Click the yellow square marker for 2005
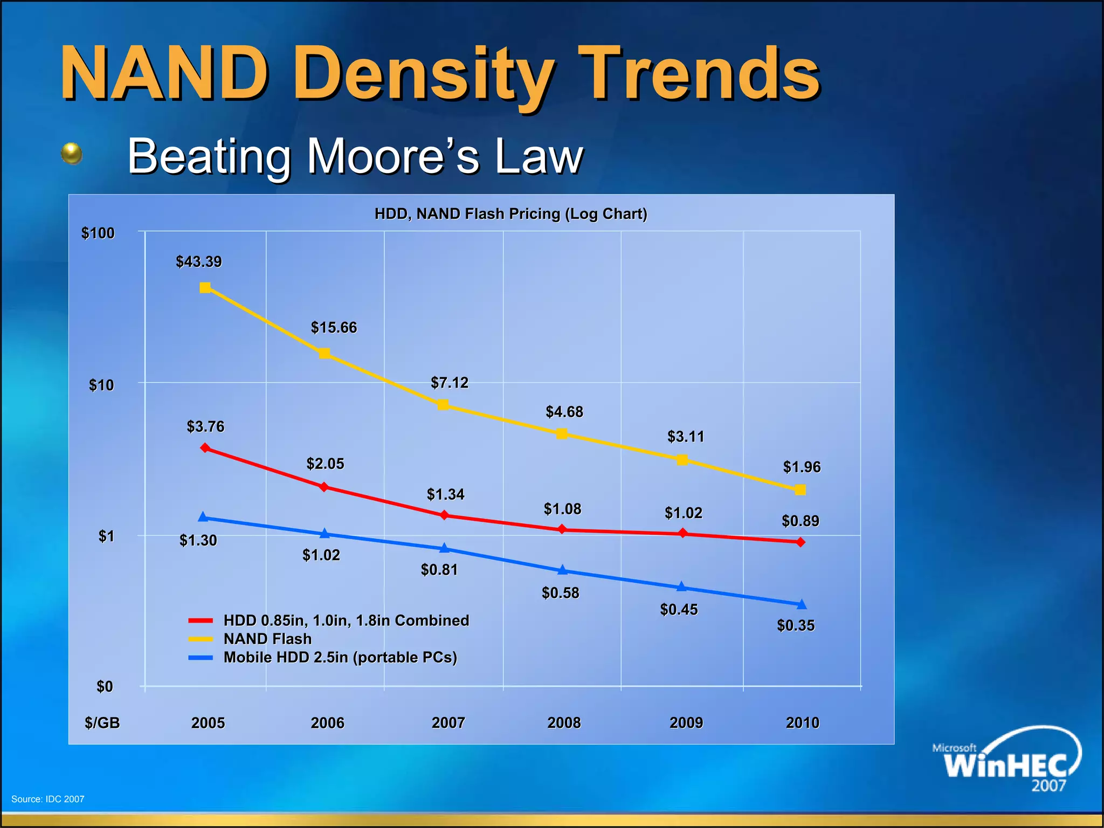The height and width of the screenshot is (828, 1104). (205, 288)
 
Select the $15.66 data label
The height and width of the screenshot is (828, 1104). (334, 328)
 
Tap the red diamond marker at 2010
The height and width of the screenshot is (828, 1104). (801, 542)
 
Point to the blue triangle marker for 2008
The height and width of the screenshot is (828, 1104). (562, 570)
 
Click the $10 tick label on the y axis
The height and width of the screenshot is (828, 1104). (101, 385)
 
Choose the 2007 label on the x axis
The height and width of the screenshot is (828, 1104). (448, 723)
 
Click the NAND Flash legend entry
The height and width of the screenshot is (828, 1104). (267, 639)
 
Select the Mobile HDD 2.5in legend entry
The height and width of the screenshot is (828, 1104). (340, 658)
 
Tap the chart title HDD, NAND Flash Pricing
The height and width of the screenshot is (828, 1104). (510, 214)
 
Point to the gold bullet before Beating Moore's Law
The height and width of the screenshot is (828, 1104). (72, 154)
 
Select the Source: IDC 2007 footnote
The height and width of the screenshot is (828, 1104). (48, 799)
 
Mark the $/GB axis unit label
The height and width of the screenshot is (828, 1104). (102, 723)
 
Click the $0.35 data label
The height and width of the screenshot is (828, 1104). (796, 626)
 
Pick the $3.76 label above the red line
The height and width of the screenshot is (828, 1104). (205, 427)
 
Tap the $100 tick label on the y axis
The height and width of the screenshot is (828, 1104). (98, 233)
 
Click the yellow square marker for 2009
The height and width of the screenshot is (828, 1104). (682, 460)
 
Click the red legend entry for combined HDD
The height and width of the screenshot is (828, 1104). (346, 620)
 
